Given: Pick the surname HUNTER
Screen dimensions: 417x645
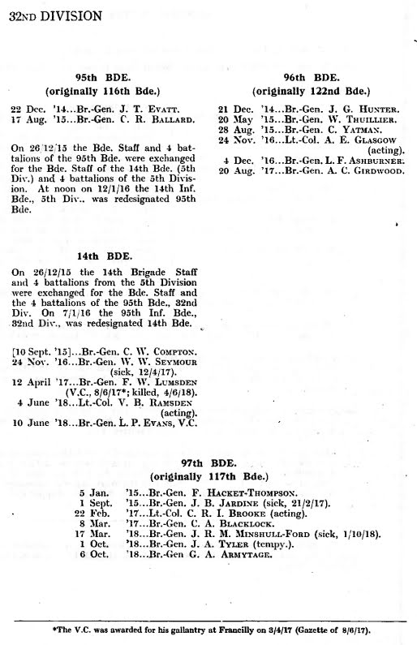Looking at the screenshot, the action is (376, 108).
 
